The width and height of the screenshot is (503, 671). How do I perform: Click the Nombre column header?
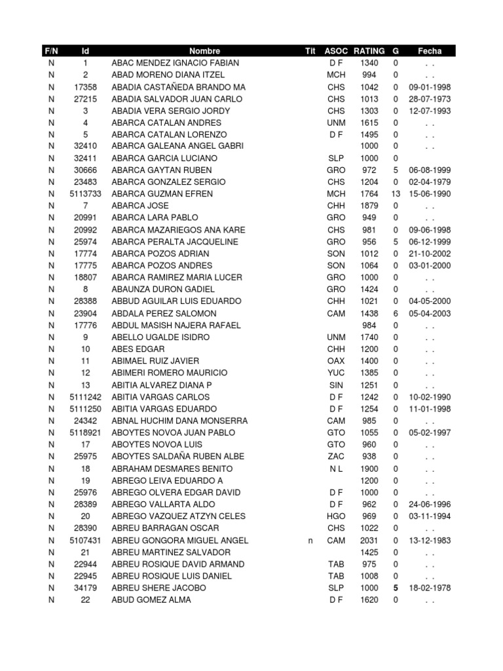204,51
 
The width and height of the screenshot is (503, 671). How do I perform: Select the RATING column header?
369,51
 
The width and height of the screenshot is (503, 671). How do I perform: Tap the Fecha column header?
430,51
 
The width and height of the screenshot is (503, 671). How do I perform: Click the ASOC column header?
336,51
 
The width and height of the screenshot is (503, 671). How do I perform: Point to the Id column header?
85,51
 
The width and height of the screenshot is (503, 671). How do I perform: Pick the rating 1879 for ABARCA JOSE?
369,206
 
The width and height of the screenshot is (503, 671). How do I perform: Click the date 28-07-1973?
430,99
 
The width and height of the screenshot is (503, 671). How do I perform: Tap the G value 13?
396,194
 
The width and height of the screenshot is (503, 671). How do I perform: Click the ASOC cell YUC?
336,373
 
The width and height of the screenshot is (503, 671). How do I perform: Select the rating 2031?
369,541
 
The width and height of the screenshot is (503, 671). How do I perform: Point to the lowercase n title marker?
310,541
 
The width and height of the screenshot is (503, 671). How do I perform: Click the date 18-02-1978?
430,588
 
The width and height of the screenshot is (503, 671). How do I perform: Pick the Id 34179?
85,588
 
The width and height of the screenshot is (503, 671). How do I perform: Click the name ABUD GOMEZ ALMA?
151,600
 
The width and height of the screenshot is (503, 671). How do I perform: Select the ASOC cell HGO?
336,516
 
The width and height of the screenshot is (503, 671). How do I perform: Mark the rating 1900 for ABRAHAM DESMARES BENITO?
369,469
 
